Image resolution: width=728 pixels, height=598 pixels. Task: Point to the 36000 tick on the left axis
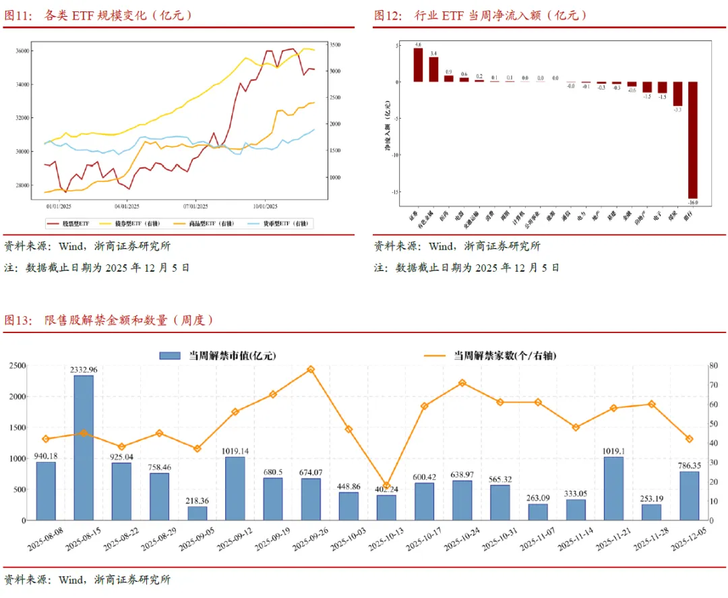[22, 51]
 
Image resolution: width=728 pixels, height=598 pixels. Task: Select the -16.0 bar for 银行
[692, 140]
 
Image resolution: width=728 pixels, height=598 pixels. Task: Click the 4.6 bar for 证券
[418, 65]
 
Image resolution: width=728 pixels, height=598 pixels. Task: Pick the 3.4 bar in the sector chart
[433, 69]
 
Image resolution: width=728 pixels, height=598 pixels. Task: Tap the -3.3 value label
[677, 109]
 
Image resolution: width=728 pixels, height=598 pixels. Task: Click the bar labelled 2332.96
[84, 448]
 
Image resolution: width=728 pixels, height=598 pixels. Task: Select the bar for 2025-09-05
[197, 513]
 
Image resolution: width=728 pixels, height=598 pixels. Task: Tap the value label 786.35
[689, 465]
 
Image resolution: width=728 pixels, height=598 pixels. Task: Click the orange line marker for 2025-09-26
[311, 369]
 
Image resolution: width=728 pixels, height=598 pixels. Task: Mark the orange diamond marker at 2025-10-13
[386, 485]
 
